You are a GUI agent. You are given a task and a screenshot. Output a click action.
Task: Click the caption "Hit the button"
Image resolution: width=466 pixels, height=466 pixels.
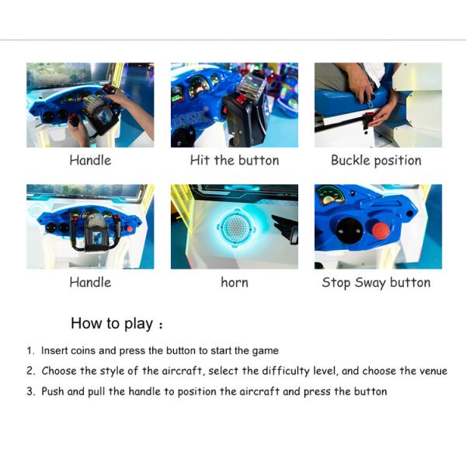click(235, 161)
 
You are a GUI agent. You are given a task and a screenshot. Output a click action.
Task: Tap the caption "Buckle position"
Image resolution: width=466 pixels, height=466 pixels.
click(376, 161)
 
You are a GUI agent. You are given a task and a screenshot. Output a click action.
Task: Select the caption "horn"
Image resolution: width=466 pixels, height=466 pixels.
click(235, 283)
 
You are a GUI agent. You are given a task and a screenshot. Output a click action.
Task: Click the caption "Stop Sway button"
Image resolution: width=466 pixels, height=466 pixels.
click(376, 283)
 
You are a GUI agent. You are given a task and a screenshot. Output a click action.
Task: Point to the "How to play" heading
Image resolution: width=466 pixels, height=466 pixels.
click(112, 323)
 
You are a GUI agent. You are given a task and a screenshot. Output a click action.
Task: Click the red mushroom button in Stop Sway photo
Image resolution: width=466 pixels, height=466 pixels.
click(381, 231)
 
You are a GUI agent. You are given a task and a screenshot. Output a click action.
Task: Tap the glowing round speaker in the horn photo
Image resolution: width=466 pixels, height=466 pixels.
click(235, 228)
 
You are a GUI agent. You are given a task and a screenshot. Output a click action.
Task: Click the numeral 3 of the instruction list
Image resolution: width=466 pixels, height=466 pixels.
click(30, 391)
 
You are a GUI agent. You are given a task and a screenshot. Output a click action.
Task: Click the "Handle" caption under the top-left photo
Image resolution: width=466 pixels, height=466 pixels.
click(90, 161)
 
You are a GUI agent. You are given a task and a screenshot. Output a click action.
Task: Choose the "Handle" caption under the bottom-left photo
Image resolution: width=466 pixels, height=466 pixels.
click(90, 283)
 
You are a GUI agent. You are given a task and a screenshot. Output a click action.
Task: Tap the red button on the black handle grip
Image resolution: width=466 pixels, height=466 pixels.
click(242, 99)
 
